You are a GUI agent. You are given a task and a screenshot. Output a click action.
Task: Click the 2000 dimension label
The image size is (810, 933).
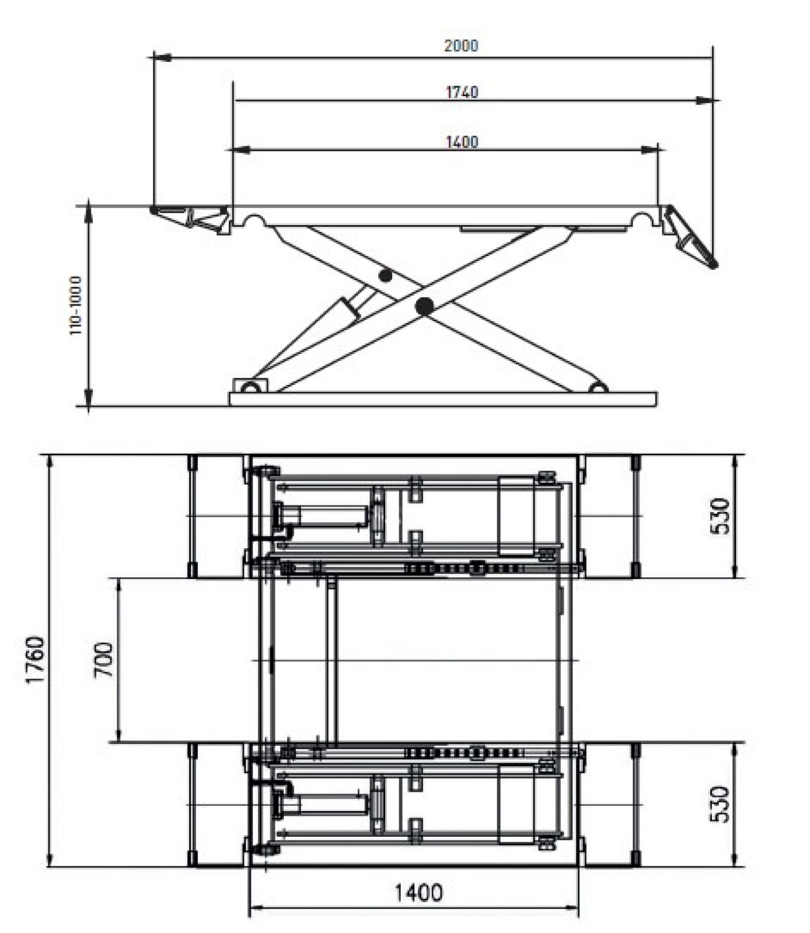click(461, 45)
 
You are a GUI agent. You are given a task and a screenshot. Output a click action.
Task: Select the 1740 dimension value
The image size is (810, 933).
click(462, 92)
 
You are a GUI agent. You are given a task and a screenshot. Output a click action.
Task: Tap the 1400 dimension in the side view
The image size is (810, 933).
click(462, 142)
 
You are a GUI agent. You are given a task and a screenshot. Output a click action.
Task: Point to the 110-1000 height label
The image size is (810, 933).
click(76, 306)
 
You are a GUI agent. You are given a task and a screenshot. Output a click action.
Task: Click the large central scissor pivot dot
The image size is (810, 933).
click(424, 304)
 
